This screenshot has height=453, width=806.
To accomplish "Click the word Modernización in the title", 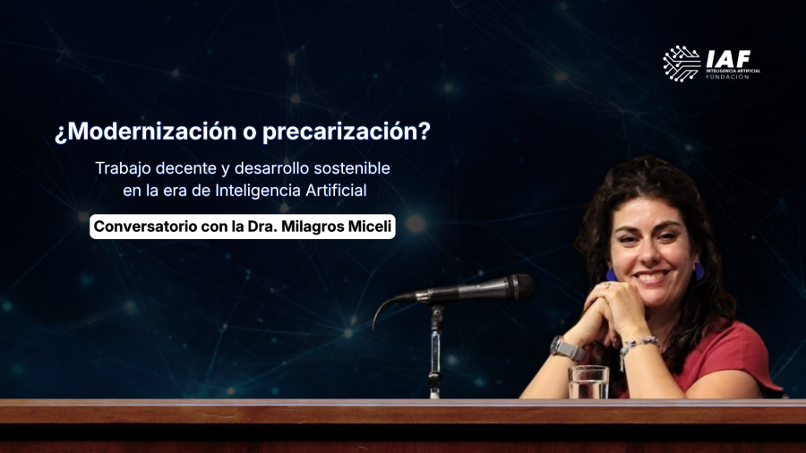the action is (152, 131).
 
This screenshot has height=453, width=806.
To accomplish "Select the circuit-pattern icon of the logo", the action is (682, 64).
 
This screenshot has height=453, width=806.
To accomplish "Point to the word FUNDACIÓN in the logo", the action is (727, 77).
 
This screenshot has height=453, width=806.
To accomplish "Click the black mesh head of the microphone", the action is (520, 286).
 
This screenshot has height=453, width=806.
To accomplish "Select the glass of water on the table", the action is (588, 382).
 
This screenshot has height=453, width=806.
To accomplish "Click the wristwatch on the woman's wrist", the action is (567, 348).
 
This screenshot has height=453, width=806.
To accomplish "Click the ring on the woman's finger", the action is (606, 286).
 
